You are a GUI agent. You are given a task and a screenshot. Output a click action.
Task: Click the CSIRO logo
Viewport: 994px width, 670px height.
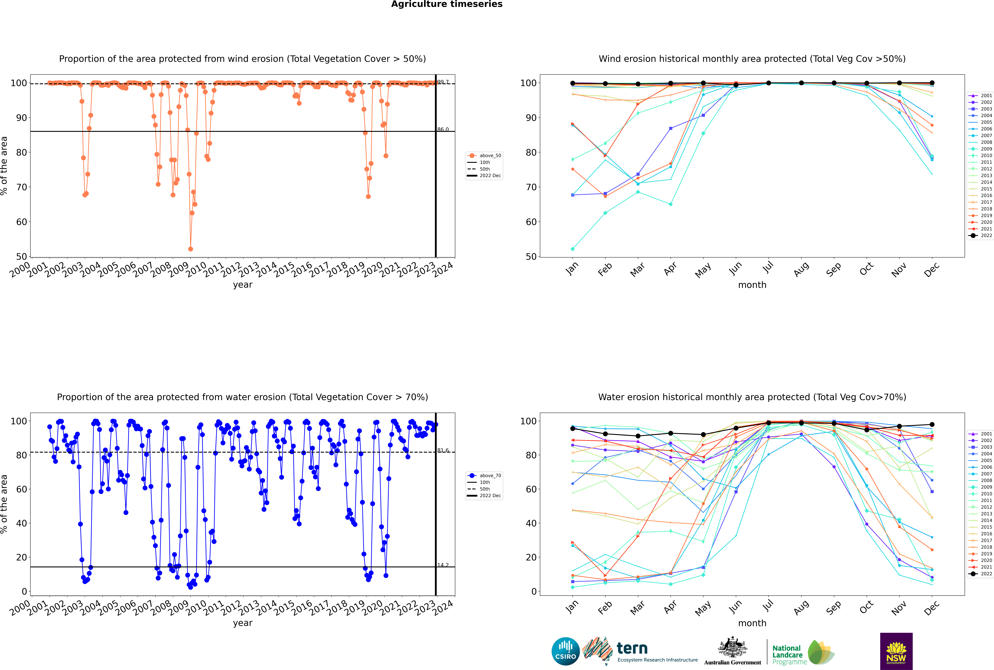click(x=565, y=652)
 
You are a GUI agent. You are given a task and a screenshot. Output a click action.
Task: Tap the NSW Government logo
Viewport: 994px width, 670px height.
click(x=896, y=651)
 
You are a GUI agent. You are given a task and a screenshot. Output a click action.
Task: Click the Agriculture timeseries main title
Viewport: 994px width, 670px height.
click(x=447, y=4)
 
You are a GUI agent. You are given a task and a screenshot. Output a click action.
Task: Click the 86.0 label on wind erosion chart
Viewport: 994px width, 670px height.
click(x=443, y=129)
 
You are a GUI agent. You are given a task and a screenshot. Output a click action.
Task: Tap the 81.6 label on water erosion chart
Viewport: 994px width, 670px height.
click(x=443, y=450)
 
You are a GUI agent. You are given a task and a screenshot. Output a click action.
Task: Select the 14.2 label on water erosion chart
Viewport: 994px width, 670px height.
click(x=443, y=565)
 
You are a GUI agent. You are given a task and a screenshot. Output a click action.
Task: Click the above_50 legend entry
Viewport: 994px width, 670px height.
click(x=484, y=156)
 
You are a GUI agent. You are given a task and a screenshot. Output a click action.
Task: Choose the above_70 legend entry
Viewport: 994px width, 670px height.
click(x=484, y=476)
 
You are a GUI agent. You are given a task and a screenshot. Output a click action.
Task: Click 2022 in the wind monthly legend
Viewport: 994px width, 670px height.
click(x=981, y=235)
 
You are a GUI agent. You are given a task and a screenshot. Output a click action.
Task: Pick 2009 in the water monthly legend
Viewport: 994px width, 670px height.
click(x=981, y=487)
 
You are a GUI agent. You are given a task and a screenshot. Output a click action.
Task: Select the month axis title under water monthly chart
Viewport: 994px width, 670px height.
click(x=752, y=623)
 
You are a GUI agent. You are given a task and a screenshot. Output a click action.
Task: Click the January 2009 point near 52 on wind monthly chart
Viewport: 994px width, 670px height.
click(x=573, y=249)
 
